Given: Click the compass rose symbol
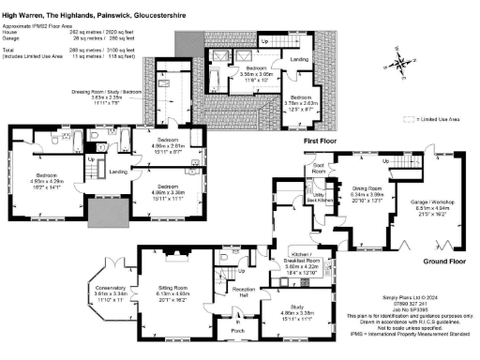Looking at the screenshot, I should (x=401, y=66).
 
